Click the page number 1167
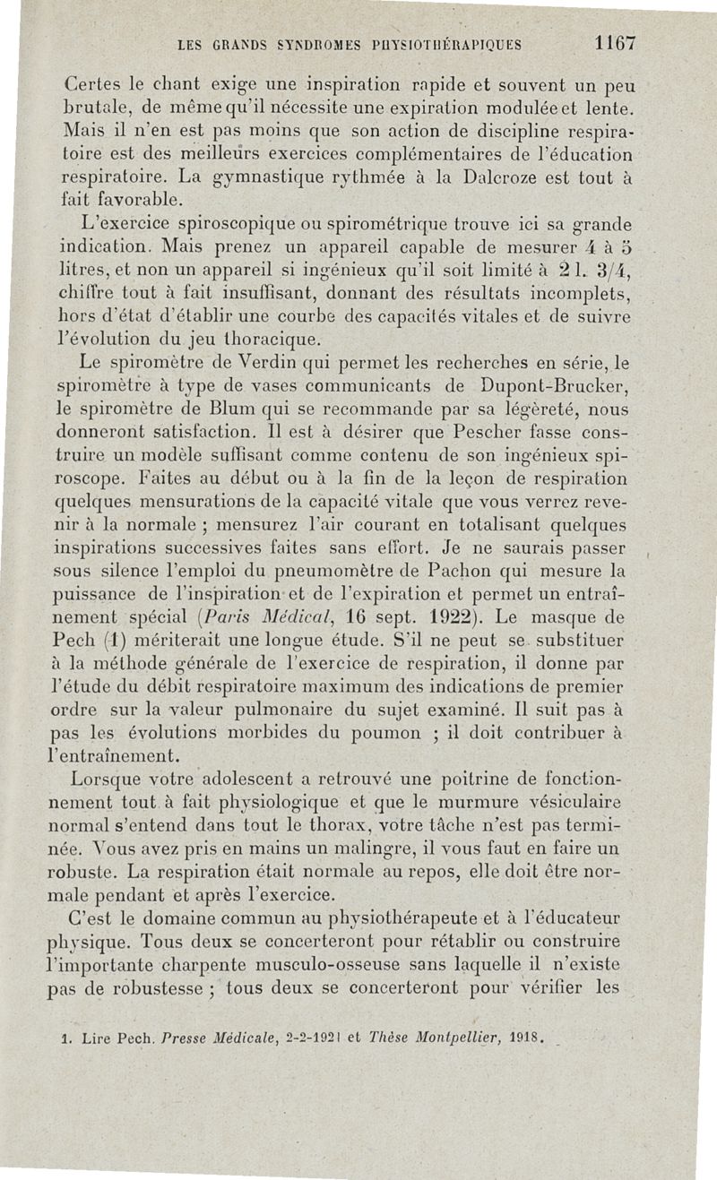pyautogui.click(x=614, y=42)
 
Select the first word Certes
pyautogui.click(x=96, y=86)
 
